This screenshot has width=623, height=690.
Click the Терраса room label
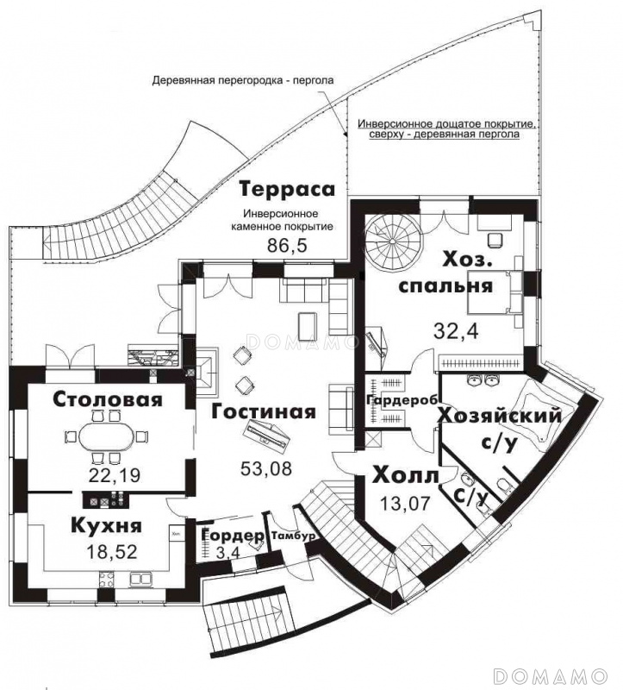click(287, 189)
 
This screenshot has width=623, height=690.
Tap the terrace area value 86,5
click(287, 246)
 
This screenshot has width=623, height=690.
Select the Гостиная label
click(264, 412)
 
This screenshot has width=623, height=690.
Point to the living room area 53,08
click(266, 468)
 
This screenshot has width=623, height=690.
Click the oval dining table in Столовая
click(106, 436)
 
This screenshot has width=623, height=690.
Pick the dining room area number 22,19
click(115, 475)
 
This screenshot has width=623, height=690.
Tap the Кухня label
click(106, 525)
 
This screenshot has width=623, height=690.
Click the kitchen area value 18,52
click(112, 551)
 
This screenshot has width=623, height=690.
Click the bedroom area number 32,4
click(456, 331)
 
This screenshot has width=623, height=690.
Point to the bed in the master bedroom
click(495, 292)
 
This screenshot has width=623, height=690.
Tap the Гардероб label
click(402, 400)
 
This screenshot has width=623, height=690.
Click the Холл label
click(406, 476)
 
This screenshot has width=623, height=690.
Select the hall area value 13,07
click(405, 503)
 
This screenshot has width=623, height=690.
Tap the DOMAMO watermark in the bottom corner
click(551, 675)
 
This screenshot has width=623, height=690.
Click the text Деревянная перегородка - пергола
click(243, 80)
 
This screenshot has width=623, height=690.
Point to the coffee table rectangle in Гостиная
click(307, 326)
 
